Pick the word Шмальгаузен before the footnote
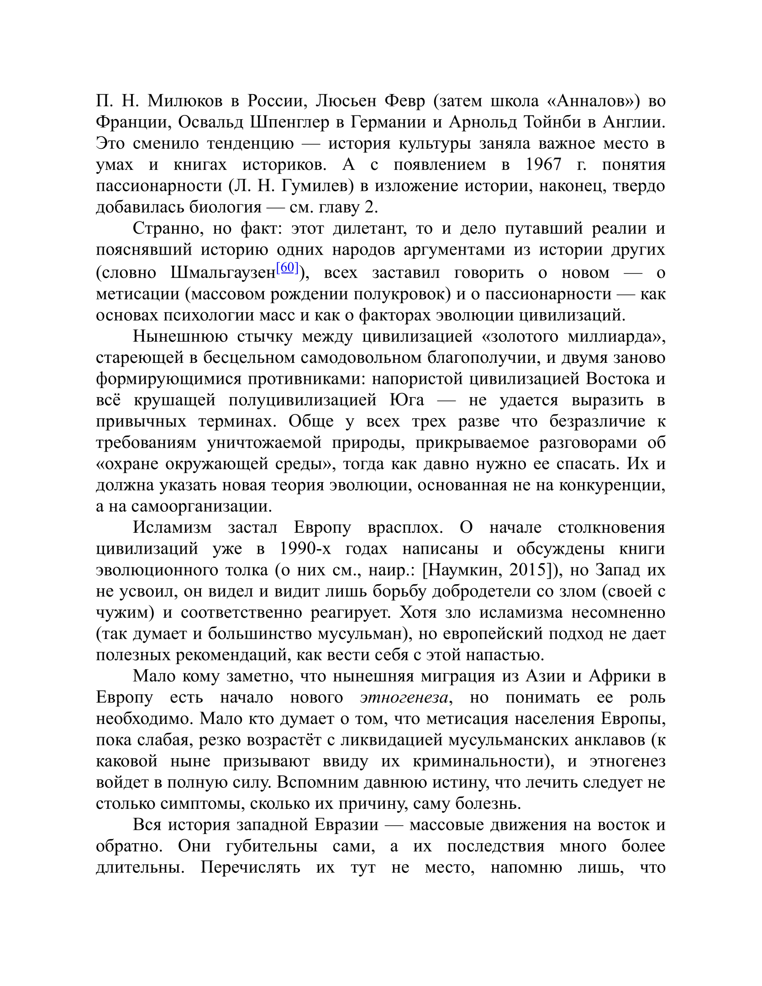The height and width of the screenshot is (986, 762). [x=223, y=273]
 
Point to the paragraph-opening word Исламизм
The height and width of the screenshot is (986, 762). [x=172, y=527]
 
